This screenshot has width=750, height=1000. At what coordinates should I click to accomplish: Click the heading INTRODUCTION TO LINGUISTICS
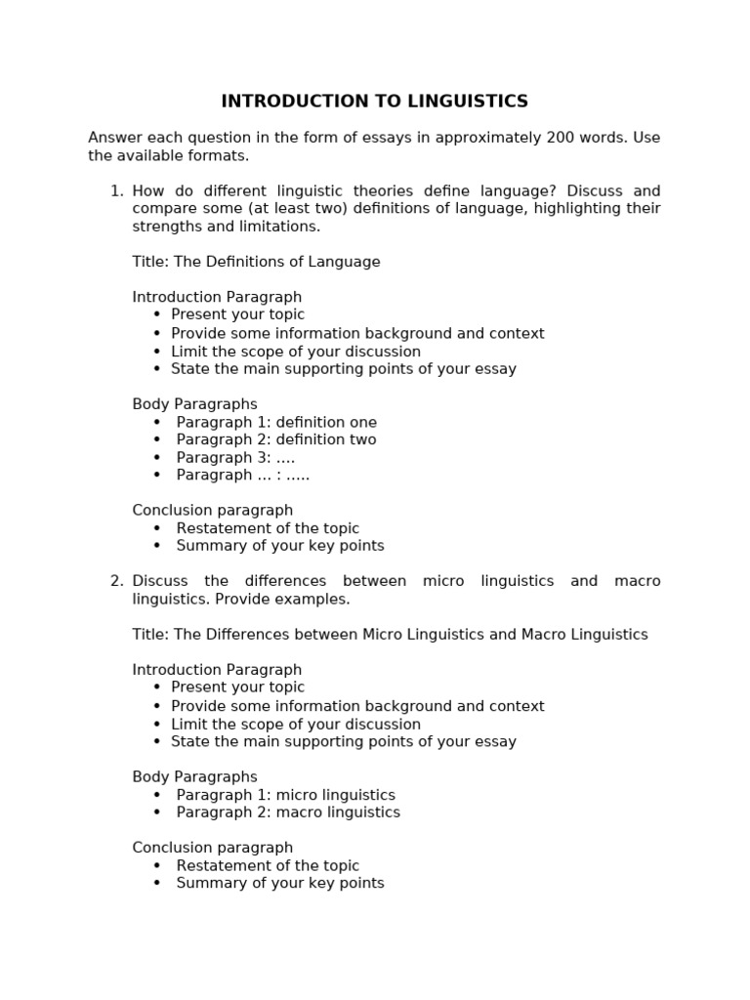(x=374, y=102)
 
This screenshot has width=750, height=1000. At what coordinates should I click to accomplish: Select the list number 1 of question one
(x=116, y=191)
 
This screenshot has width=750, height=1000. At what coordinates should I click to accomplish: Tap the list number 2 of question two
(x=116, y=581)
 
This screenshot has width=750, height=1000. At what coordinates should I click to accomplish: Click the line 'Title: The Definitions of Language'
(x=256, y=262)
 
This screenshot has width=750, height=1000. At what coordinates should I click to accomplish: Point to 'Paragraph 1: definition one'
(x=276, y=423)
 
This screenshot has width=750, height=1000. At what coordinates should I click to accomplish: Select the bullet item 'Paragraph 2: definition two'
(x=276, y=440)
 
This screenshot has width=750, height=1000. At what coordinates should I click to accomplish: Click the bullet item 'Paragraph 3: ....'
(x=235, y=458)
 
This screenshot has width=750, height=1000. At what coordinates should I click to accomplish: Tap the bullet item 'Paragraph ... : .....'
(x=242, y=476)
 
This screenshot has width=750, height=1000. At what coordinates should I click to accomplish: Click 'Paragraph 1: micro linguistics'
(x=285, y=796)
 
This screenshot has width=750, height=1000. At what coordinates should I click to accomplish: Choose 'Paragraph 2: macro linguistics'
(x=288, y=812)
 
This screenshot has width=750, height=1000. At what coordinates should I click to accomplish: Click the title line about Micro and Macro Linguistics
(x=390, y=635)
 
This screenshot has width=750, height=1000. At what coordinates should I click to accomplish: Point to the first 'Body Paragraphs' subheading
(x=194, y=404)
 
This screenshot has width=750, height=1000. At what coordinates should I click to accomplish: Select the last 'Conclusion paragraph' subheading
(x=212, y=848)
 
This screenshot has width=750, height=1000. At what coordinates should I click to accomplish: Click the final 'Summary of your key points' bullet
(x=280, y=884)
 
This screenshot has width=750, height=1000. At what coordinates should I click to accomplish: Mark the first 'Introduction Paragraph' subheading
(x=217, y=297)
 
